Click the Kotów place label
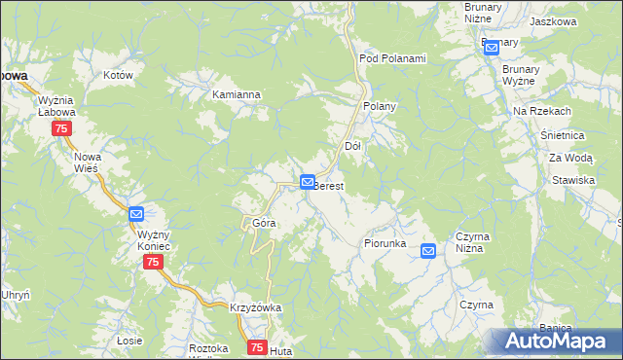[x=117, y=74]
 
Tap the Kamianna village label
[x=237, y=94]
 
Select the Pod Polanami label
[x=392, y=58]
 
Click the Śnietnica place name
[x=562, y=136]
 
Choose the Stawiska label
[x=572, y=180]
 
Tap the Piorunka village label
[x=385, y=243]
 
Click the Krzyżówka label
[x=255, y=307]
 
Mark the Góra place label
[x=264, y=223]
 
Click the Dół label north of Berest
[x=353, y=146]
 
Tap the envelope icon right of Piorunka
[x=428, y=251]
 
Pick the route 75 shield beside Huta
[x=257, y=347]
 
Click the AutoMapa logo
[x=554, y=341]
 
